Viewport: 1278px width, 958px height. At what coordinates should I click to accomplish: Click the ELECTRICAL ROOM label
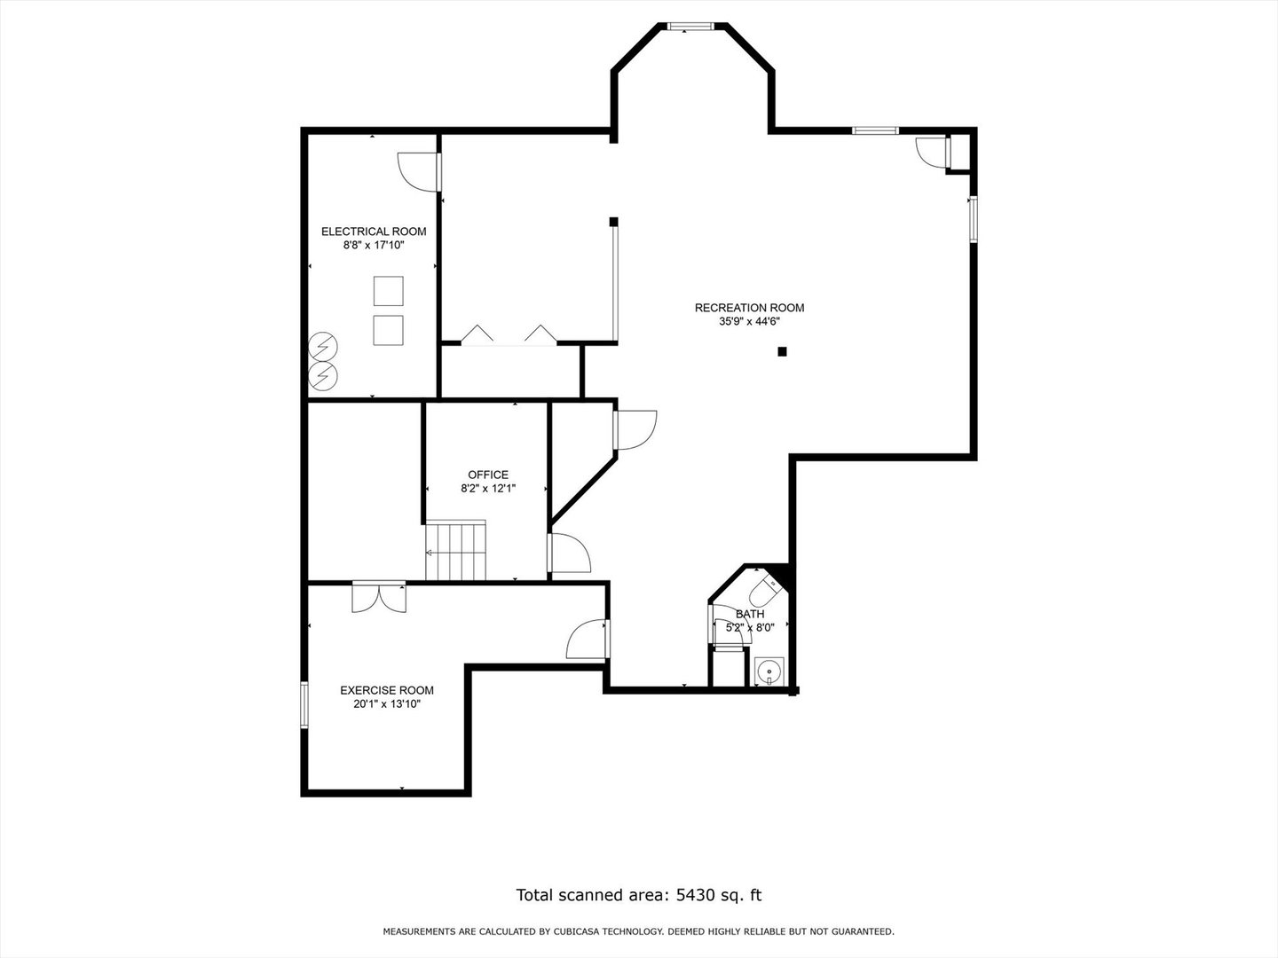point(374,232)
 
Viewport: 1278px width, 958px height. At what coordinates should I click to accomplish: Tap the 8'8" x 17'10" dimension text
point(374,245)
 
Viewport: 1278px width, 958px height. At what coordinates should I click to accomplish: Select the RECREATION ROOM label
point(749,308)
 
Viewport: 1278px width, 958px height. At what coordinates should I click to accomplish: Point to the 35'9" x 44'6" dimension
point(749,322)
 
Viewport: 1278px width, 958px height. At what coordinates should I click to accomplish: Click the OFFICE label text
point(488,475)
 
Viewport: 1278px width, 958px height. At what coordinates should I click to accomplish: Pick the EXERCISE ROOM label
point(387,690)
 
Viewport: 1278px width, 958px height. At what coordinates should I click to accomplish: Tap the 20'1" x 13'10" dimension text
point(387,704)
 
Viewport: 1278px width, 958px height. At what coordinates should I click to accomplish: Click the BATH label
point(749,614)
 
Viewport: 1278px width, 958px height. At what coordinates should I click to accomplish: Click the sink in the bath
point(768,671)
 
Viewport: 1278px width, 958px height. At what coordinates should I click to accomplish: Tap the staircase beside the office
point(456,551)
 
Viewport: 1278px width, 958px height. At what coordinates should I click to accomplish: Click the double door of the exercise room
point(379,597)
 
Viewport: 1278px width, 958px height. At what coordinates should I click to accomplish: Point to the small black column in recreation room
point(782,351)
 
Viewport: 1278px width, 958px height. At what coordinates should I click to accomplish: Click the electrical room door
point(419,171)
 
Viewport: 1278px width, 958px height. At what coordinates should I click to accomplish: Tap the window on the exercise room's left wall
point(304,704)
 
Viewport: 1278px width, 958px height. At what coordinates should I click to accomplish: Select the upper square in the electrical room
point(388,291)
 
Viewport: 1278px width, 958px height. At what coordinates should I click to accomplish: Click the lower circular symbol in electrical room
point(323,375)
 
